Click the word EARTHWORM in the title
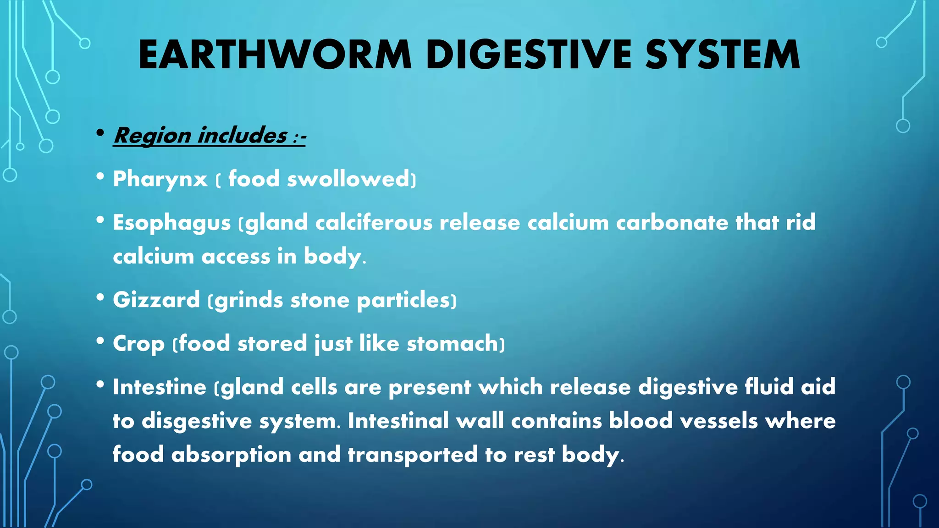tap(275, 55)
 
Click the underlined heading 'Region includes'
tap(201, 136)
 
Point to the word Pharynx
tap(160, 179)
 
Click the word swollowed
tap(348, 179)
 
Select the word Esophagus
tap(172, 223)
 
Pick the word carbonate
tap(672, 223)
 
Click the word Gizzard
tap(156, 300)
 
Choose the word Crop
tap(138, 344)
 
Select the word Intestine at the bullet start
tap(160, 387)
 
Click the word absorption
tap(232, 455)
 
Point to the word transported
tap(413, 455)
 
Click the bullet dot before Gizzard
tap(100, 297)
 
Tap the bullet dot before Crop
tap(100, 341)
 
